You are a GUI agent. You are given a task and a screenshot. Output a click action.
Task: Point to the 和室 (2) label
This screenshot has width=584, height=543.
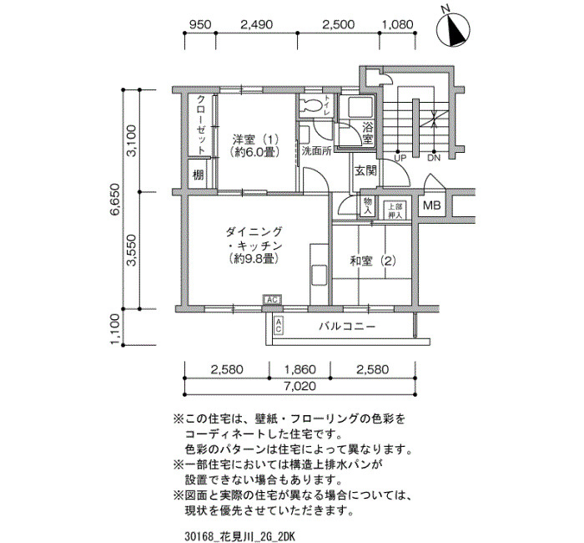point(372,261)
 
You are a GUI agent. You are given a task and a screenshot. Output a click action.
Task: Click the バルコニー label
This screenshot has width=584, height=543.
point(347,327)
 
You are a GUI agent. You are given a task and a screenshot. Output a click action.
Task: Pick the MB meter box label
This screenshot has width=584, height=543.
point(431,206)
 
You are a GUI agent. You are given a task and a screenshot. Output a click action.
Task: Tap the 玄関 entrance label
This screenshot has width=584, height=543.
point(365,170)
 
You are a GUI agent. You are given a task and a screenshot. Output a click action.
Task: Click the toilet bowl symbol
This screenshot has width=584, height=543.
point(311,105)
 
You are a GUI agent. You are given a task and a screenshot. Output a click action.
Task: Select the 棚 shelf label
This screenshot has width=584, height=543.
point(199,175)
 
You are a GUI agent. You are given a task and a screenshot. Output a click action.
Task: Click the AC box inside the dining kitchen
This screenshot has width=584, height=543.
point(272,299)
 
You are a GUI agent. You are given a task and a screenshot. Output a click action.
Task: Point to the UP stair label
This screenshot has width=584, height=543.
point(400,158)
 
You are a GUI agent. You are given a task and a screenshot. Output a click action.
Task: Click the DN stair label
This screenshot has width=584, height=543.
point(434,158)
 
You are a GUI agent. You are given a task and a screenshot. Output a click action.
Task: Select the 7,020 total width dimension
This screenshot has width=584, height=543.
point(300,386)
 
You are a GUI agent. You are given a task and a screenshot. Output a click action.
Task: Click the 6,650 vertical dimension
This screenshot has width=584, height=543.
point(115,199)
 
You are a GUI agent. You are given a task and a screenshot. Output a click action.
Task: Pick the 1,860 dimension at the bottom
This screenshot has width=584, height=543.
point(300,370)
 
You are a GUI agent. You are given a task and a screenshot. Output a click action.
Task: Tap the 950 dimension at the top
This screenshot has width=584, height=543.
point(200,24)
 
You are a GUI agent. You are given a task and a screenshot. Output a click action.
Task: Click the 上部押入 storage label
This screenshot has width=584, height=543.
point(395,211)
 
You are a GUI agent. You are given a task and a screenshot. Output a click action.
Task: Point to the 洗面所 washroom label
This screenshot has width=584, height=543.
point(316,152)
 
